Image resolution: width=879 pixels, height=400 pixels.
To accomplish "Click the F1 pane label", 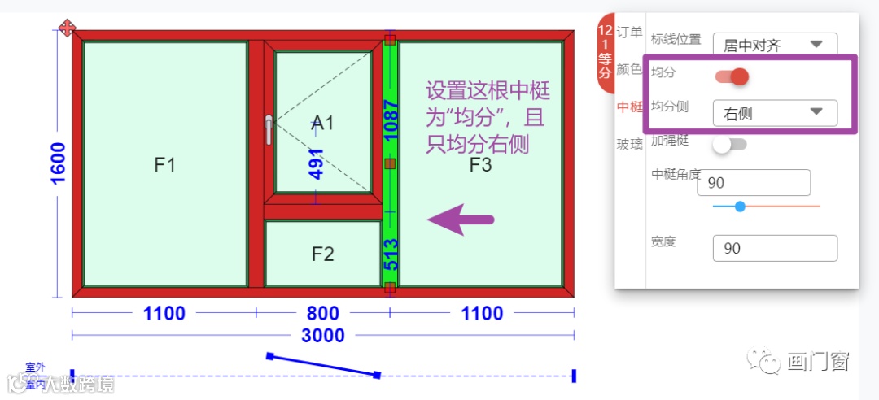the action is click(165, 165).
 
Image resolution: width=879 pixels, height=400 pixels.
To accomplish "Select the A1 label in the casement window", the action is click(323, 123).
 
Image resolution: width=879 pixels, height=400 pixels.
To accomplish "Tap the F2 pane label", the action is click(323, 254).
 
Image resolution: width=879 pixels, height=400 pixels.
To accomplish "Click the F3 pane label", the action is click(481, 165).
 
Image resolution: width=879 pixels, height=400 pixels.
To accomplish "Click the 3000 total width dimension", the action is click(323, 335).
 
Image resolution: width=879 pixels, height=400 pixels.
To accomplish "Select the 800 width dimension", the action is click(323, 313).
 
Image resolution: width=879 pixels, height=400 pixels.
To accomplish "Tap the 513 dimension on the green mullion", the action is click(391, 254).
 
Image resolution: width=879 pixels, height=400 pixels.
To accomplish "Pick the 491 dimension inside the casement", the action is click(317, 163).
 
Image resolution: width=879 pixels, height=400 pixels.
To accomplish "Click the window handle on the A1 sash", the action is click(269, 129).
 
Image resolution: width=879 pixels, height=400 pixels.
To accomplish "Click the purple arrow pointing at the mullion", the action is click(461, 220).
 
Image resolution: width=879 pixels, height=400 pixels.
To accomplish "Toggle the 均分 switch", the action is click(732, 76).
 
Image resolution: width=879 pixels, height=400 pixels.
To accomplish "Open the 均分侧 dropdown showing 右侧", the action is click(774, 113).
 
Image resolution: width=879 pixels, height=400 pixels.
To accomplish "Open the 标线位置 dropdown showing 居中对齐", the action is click(774, 44).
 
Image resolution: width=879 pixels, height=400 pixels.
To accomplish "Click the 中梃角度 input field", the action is click(754, 183).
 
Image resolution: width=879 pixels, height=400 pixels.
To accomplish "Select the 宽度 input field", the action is click(774, 248).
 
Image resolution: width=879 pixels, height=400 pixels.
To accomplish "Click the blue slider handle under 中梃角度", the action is click(740, 207).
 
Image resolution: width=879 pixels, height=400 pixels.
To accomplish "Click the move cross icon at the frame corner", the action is click(68, 28).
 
